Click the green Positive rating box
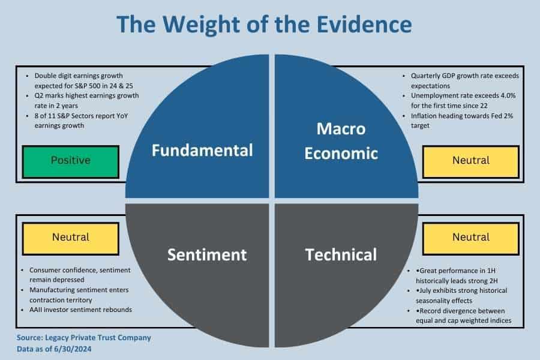click(70, 161)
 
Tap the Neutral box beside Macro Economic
click(470, 161)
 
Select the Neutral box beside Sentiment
click(70, 237)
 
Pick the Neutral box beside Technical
click(470, 237)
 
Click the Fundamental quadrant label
click(202, 150)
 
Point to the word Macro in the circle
click(341, 128)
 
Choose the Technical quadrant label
click(341, 254)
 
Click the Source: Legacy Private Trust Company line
click(84, 338)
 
